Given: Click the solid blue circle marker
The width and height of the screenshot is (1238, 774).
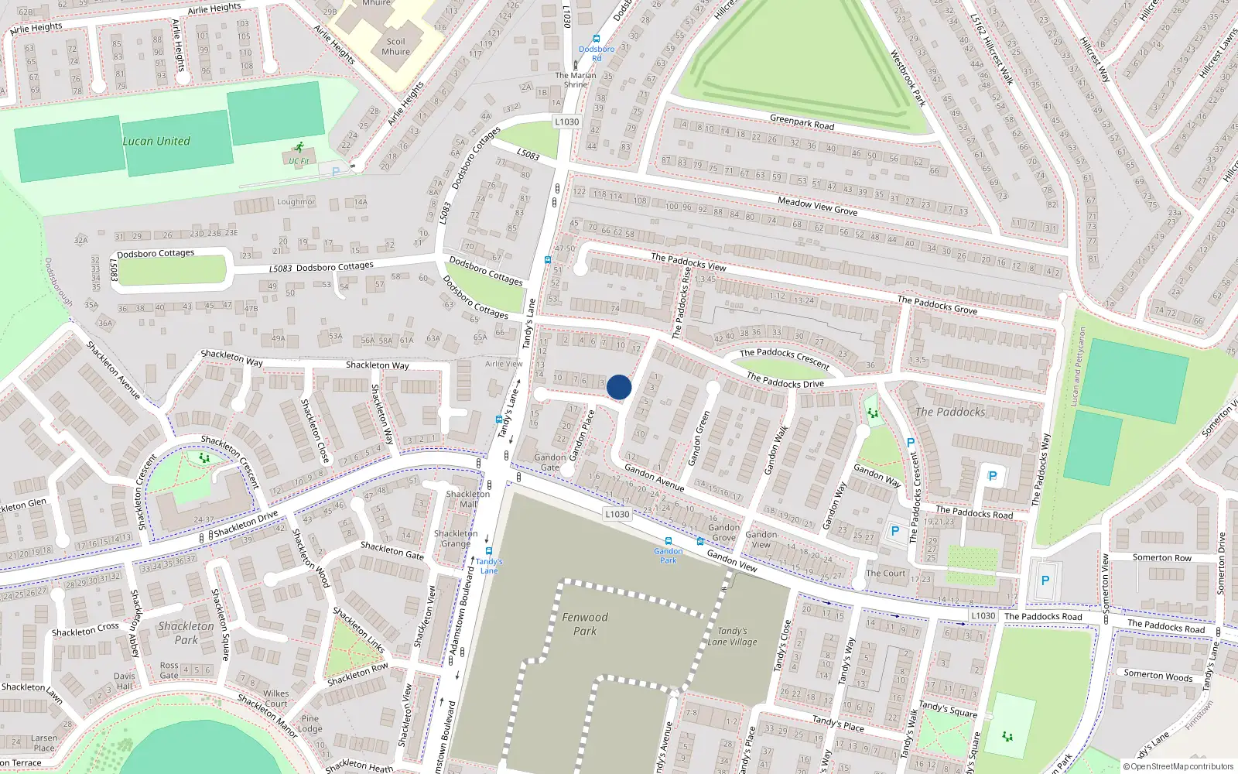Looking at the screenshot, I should [x=619, y=387].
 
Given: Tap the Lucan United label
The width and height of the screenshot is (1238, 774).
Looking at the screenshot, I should [x=156, y=141].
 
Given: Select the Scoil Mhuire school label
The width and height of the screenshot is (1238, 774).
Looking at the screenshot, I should [x=395, y=46].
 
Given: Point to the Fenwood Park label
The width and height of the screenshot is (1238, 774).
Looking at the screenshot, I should [x=585, y=624].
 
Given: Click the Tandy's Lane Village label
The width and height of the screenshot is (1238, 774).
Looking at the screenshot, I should [x=732, y=636].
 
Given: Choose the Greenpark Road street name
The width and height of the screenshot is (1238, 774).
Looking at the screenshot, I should [x=802, y=122].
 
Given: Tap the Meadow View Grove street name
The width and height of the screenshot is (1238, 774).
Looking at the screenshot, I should [x=817, y=206].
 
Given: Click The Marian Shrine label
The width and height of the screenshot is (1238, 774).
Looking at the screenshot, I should [x=576, y=80].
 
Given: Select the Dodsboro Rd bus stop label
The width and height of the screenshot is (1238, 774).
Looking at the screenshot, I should [x=597, y=53].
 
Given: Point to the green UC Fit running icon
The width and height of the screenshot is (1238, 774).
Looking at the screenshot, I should [x=299, y=148].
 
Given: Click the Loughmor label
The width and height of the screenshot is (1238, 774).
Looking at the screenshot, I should [x=296, y=202].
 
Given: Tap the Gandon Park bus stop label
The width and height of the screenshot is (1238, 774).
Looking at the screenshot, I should [x=668, y=555].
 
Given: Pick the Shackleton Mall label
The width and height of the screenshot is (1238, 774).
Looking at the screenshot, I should [x=468, y=498].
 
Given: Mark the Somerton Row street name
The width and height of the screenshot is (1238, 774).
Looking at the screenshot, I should [x=1161, y=557].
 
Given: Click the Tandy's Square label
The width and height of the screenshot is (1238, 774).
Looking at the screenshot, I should [x=948, y=709].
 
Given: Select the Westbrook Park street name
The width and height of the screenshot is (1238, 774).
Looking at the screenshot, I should [x=908, y=78].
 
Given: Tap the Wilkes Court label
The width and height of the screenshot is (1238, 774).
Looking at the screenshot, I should [x=276, y=698].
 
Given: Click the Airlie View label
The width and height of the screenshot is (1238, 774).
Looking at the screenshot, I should [x=504, y=364].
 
